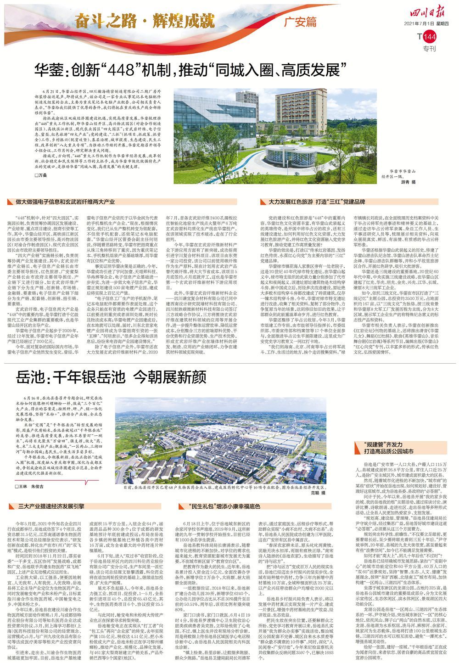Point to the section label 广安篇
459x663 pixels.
pyautogui.click(x=300, y=21)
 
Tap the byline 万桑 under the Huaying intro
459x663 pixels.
pyautogui.click(x=42, y=176)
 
